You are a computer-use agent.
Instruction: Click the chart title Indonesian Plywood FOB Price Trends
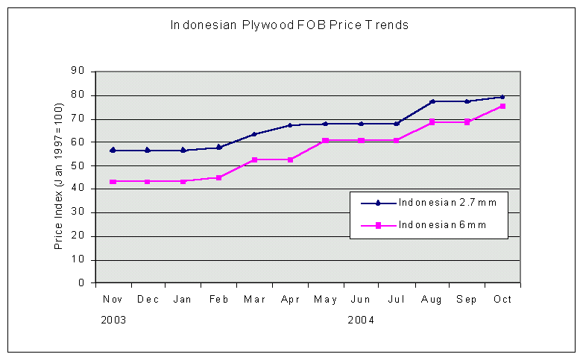coord(289,25)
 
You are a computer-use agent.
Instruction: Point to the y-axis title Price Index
coord(58,177)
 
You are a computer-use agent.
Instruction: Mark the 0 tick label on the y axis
coord(81,283)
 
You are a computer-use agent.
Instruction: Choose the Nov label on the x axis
coord(113,299)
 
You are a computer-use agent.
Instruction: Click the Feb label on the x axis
coord(218,299)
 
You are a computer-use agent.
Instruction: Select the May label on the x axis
coord(325,299)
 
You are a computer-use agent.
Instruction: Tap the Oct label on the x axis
coord(502,299)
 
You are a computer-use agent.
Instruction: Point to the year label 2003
coord(113,320)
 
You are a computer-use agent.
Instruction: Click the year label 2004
coord(361,320)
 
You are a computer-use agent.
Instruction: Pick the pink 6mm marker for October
coord(502,107)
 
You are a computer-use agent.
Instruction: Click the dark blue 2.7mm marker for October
coord(502,97)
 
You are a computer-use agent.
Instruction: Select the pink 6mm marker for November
coord(113,182)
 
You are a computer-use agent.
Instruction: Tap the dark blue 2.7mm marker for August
coord(432,101)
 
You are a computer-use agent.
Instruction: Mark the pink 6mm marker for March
coord(254,160)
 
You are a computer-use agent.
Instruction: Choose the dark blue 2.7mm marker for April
coord(290,125)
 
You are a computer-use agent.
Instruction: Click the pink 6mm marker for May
coord(325,140)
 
